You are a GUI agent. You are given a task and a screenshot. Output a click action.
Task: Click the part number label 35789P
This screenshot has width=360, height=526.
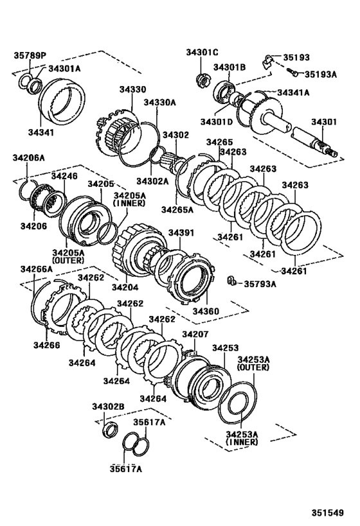tap(30, 55)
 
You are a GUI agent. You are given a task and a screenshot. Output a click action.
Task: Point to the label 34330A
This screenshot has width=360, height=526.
tap(159, 102)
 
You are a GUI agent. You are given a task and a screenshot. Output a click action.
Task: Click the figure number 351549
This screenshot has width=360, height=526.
tap(334, 513)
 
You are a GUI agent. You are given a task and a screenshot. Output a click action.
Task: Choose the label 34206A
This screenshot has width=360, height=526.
tap(29, 157)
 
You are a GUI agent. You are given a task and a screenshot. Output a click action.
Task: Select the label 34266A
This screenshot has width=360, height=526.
tap(37, 268)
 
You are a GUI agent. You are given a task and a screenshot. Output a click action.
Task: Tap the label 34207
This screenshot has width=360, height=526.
tap(195, 334)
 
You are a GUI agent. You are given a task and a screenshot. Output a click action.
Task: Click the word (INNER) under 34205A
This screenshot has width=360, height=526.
tap(130, 203)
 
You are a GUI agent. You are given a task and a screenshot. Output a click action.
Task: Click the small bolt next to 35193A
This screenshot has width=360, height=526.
tap(292, 75)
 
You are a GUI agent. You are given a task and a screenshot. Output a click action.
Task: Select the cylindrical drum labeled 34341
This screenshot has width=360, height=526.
tap(64, 100)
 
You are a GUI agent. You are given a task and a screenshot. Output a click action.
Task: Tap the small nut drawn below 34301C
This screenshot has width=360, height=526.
tap(203, 81)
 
